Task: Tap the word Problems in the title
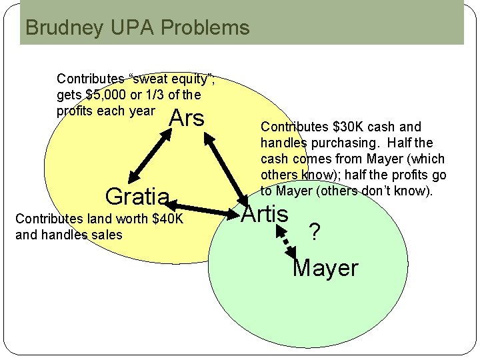click(x=205, y=28)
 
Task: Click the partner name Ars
click(x=187, y=118)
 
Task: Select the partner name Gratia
click(x=137, y=196)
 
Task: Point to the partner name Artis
click(x=265, y=214)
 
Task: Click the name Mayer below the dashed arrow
click(x=325, y=268)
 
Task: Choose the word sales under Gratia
click(x=107, y=235)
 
